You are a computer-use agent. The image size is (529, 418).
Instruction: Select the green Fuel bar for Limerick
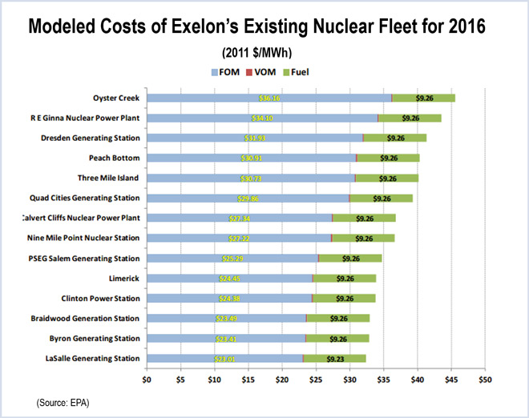click(x=345, y=279)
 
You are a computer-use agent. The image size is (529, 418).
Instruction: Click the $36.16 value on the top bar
click(x=269, y=98)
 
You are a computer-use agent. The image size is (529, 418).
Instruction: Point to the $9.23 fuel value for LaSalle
click(x=337, y=359)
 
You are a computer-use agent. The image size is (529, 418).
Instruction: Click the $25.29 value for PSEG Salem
click(x=233, y=259)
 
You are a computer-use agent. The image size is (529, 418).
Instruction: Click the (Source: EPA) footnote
click(x=63, y=403)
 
